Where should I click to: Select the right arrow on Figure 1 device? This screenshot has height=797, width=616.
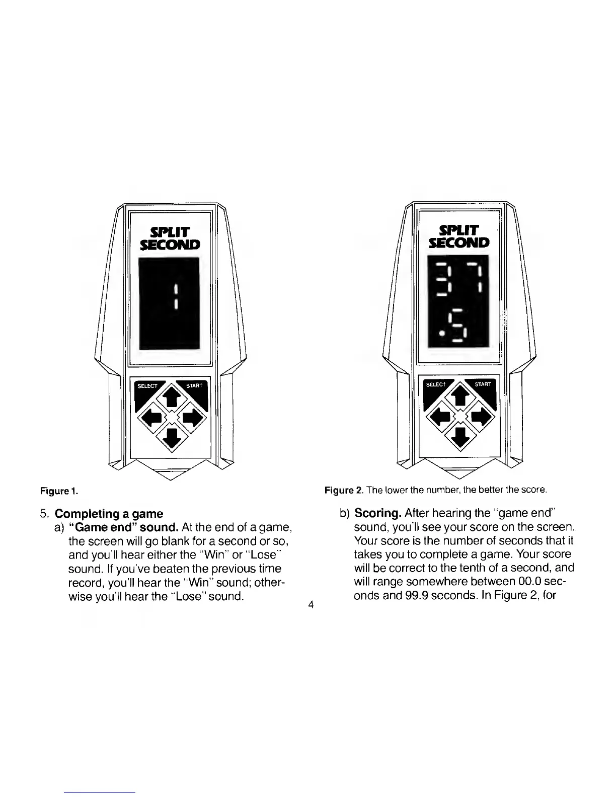[x=193, y=417]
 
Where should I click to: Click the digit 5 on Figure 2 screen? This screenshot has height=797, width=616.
[x=460, y=326]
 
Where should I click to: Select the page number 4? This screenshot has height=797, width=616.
[x=311, y=605]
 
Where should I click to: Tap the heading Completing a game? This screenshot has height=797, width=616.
[x=109, y=514]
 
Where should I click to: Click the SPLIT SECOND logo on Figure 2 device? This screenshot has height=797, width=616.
[x=458, y=236]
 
